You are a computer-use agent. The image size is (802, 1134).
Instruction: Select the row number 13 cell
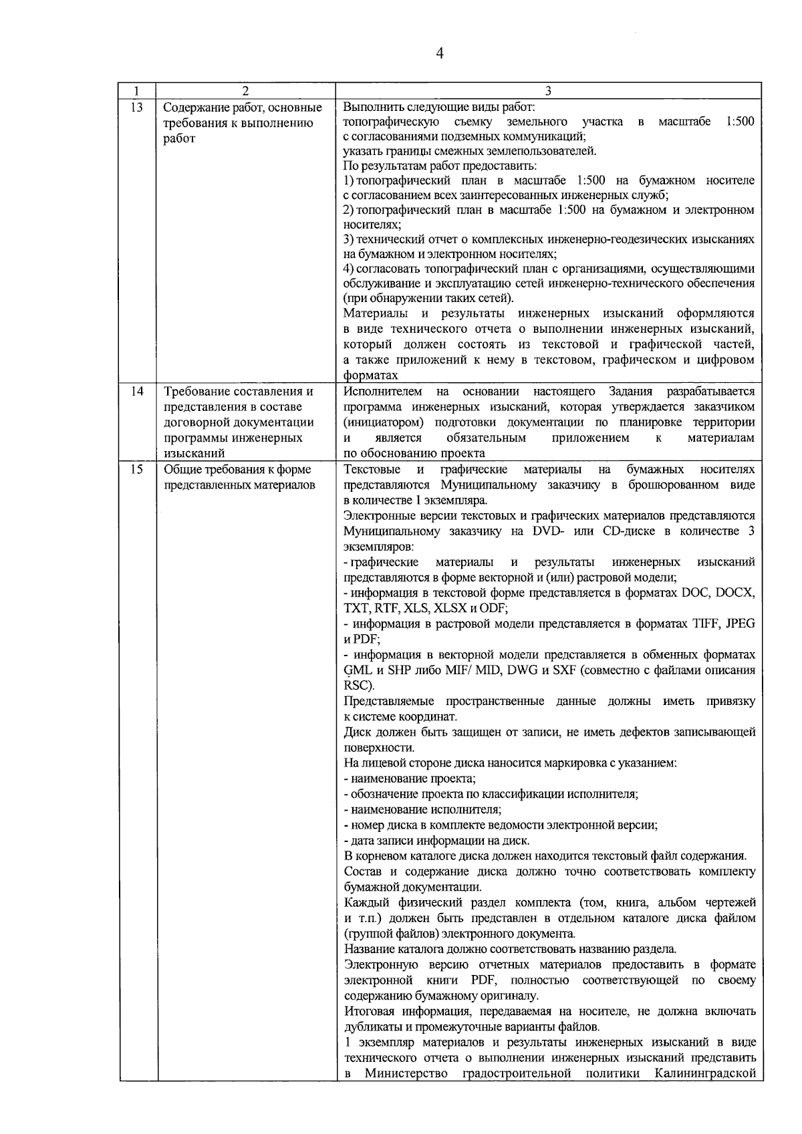[x=136, y=107]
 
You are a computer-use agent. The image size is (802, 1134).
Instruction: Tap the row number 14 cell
[x=136, y=392]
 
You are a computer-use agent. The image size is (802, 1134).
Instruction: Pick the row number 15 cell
[x=136, y=470]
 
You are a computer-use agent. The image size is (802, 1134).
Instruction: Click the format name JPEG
[x=741, y=623]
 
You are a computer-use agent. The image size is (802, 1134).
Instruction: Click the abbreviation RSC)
[x=359, y=686]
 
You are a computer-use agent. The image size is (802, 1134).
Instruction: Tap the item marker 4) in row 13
[x=348, y=269]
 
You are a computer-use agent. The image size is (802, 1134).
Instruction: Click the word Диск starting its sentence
[x=356, y=732]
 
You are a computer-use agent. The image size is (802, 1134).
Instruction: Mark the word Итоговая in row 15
[x=370, y=1012]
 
